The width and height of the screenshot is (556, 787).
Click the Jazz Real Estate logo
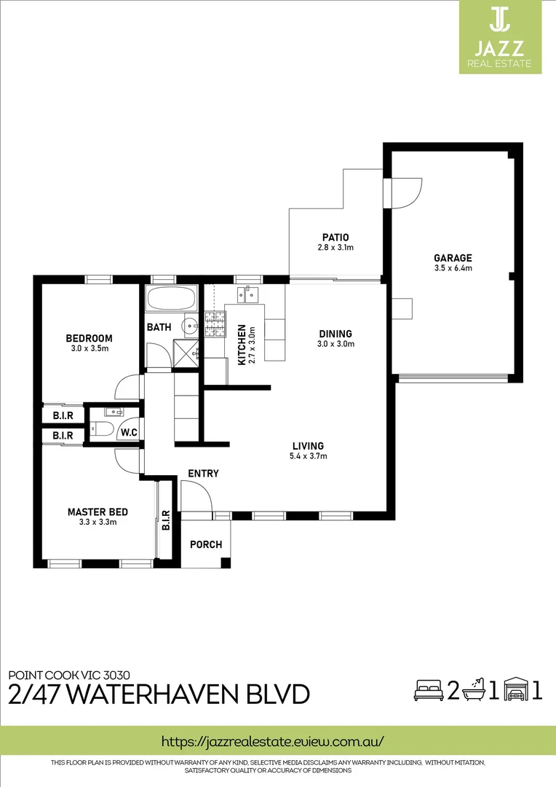499,37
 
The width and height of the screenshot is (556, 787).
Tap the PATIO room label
335,238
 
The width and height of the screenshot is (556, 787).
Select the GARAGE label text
453,258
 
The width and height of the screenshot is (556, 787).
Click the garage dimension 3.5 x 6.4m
453,268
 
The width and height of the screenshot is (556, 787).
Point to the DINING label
335,334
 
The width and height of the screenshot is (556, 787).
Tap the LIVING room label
308,446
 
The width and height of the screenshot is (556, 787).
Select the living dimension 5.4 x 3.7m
308,457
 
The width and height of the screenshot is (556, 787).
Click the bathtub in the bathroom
171,299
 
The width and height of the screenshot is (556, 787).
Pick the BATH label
159,327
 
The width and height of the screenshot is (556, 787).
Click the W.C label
130,433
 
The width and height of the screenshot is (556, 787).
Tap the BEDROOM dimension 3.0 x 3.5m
89,348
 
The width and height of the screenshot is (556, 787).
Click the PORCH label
205,544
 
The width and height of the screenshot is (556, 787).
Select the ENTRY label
203,474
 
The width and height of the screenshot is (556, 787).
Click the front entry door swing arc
197,496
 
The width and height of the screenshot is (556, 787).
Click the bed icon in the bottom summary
427,689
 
